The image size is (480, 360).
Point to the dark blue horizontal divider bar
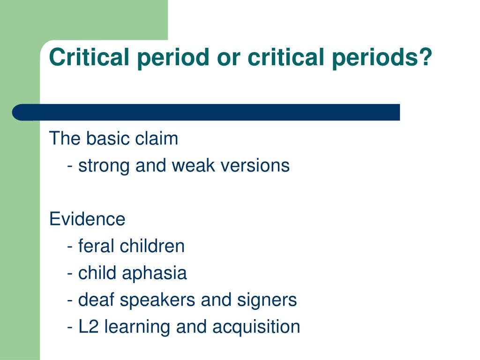point(206,112)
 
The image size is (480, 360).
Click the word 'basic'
point(108,138)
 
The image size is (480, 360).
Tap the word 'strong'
point(104,166)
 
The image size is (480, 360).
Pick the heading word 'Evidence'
point(87,219)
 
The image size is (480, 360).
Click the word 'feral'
point(96,246)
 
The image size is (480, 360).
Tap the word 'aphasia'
point(154,273)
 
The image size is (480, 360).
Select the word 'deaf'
point(96,300)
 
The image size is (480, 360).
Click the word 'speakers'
point(157,300)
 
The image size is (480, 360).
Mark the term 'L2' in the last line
point(89,327)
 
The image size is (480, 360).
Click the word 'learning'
point(137,327)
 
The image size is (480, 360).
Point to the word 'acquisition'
point(256,327)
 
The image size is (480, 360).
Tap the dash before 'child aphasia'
point(70,274)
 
